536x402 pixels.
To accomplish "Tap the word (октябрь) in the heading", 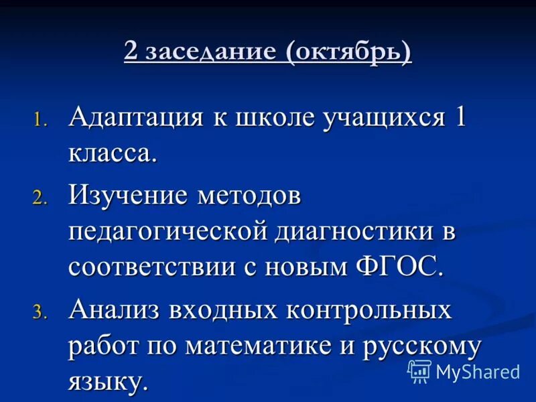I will coord(350,52).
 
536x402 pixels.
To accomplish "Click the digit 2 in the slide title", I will coord(132,52).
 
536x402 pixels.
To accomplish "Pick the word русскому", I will coord(423,347).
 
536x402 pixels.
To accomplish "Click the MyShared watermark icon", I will coord(419,371).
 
